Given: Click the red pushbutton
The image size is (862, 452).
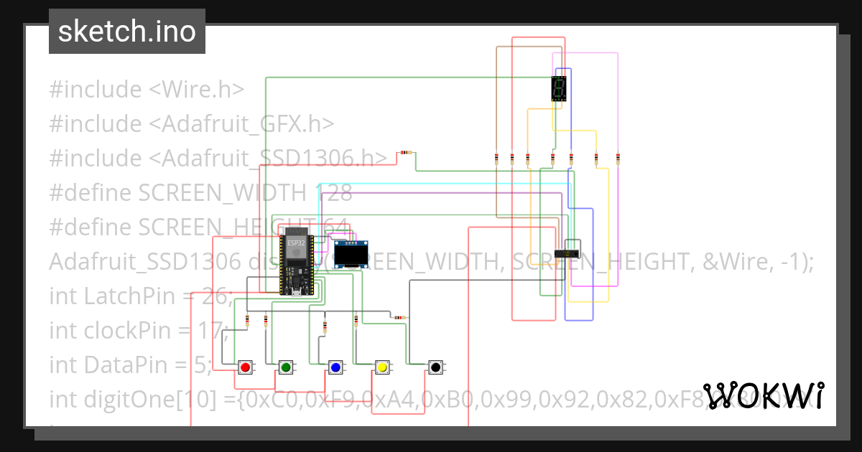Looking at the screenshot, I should [245, 367].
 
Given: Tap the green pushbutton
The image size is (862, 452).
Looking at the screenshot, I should [286, 367].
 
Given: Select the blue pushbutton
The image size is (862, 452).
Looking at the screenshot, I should [335, 367].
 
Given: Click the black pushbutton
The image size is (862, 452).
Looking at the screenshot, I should [435, 367].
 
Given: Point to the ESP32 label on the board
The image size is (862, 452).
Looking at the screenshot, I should [295, 243].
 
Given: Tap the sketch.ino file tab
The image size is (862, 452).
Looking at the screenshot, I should [127, 32].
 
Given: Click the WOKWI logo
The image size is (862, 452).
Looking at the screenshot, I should [764, 395].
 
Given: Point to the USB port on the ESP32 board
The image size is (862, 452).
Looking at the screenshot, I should [295, 291].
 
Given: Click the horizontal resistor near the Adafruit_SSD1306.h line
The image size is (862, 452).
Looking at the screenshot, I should [406, 152].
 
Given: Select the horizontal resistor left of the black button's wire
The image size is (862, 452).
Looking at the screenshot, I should [399, 317].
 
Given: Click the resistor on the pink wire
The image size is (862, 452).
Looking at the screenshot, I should [618, 159].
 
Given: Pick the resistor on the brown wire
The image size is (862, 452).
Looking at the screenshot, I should [497, 159].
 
